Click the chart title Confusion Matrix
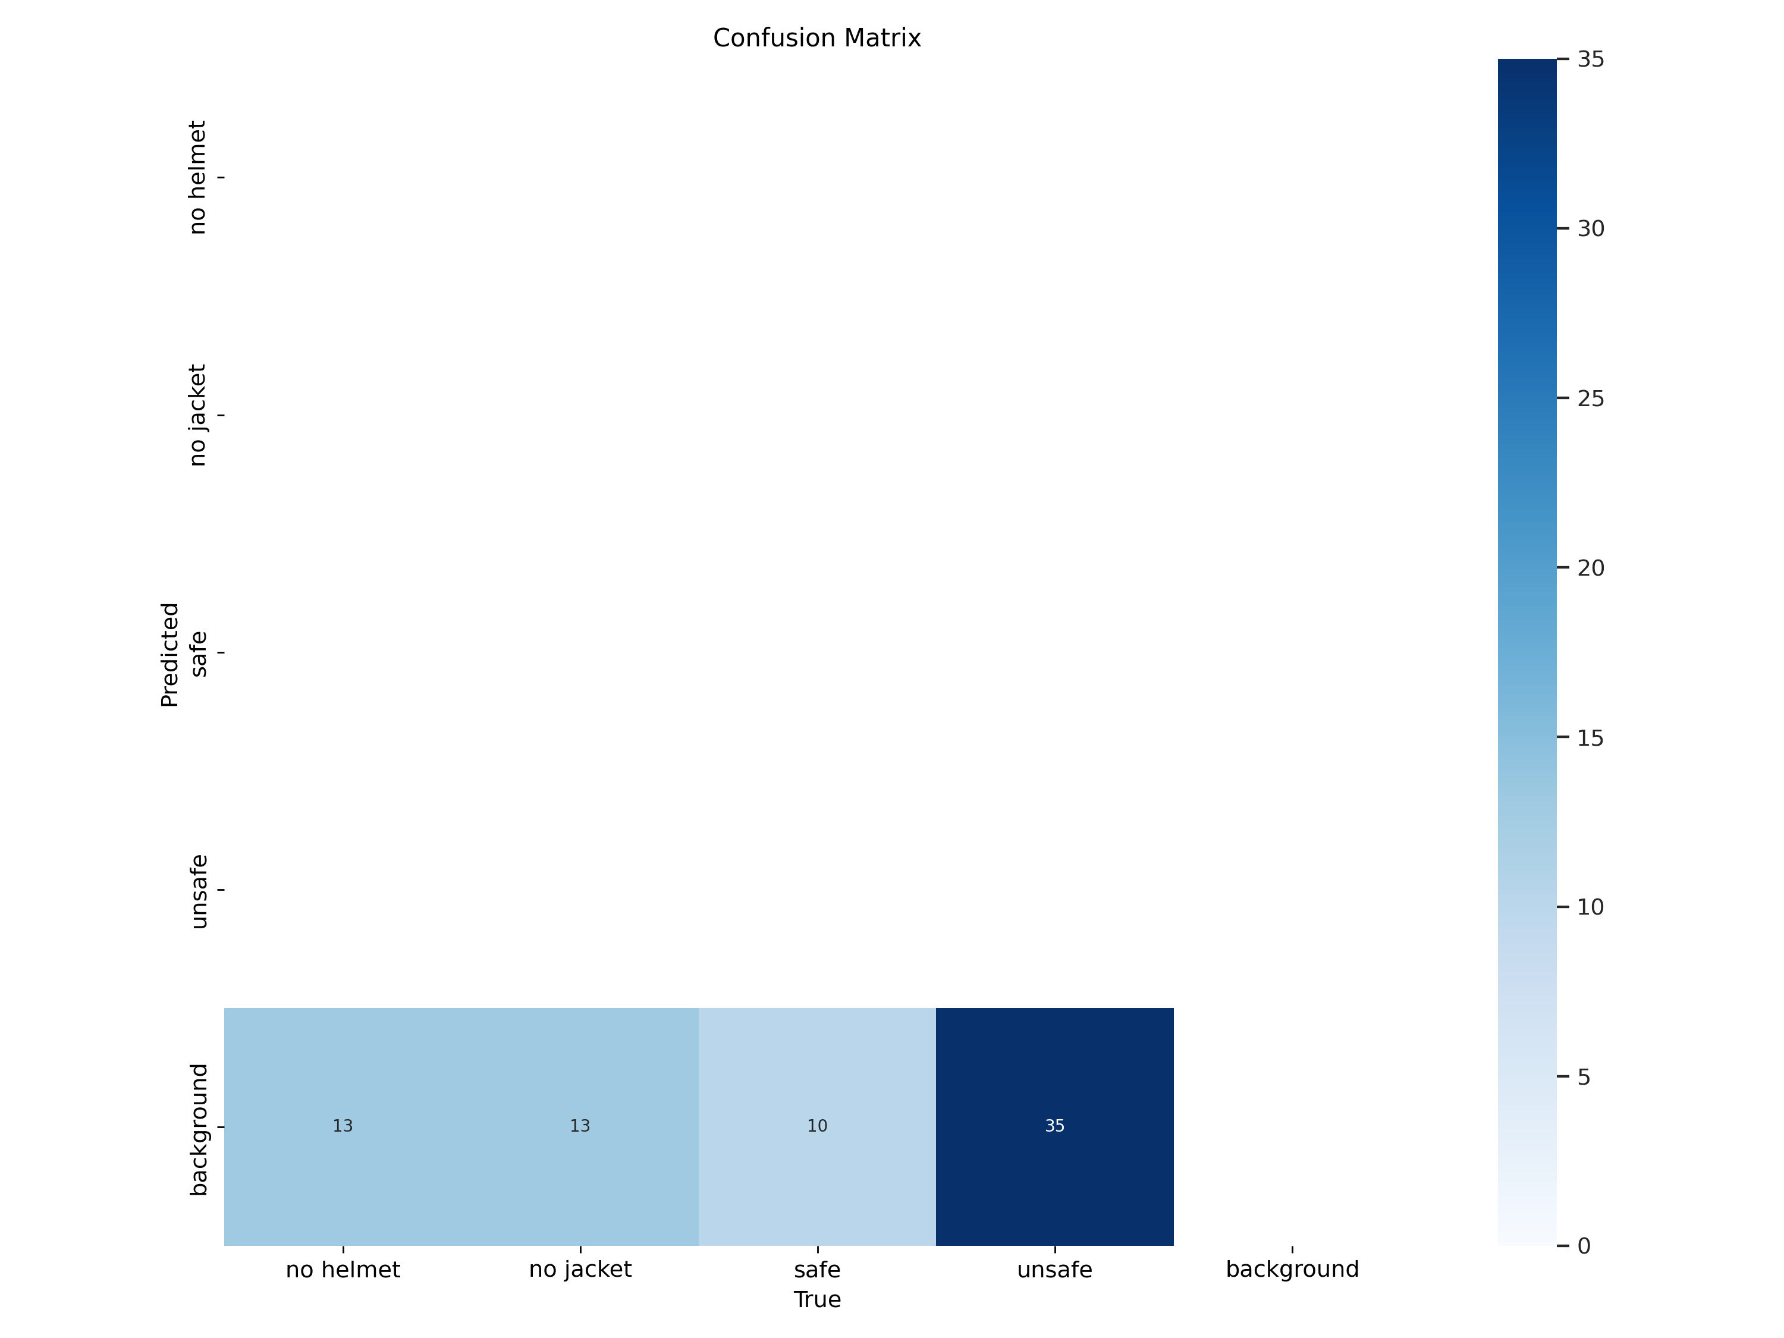(816, 38)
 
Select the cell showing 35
(1054, 1126)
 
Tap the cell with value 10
(817, 1126)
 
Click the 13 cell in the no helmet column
(343, 1126)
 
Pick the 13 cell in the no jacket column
(580, 1126)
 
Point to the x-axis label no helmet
(343, 1270)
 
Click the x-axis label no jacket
(580, 1270)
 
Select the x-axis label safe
(817, 1270)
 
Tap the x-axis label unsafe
(1054, 1270)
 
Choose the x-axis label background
(1292, 1270)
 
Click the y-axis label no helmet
(197, 177)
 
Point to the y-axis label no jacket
(197, 414)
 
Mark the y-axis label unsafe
(197, 891)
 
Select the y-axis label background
(197, 1129)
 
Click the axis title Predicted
(169, 654)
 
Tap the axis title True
(817, 1300)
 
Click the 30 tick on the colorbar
(1591, 229)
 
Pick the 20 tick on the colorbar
(1591, 568)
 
